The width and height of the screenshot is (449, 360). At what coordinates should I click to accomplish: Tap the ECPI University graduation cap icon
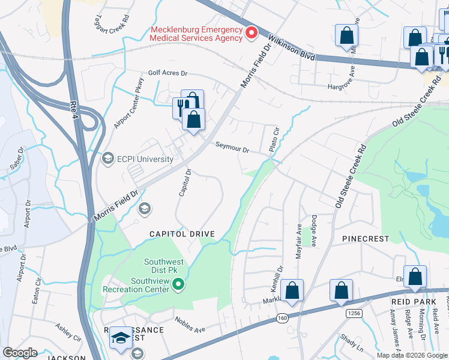(108, 159)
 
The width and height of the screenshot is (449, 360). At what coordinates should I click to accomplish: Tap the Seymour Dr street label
(232, 148)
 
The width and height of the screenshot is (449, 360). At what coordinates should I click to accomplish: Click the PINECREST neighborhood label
(366, 239)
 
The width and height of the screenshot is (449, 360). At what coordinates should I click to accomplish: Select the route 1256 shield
(354, 313)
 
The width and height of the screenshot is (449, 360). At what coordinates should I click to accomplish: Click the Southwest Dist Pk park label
(161, 266)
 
